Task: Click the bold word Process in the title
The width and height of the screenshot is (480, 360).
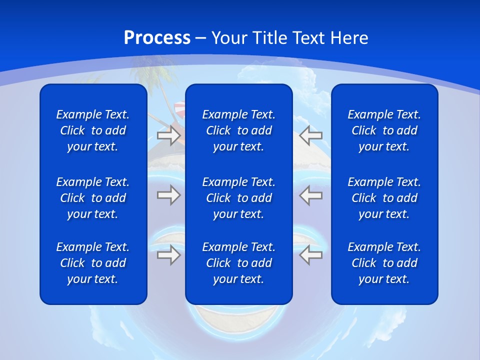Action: (157, 38)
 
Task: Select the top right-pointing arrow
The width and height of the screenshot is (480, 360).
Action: (168, 135)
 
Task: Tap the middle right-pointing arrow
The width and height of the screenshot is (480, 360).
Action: (168, 195)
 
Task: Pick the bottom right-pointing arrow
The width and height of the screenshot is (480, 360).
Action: (168, 255)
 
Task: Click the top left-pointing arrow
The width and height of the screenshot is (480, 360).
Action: (310, 135)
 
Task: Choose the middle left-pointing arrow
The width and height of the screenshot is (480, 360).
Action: (310, 195)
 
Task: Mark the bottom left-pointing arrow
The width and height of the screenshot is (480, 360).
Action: (310, 255)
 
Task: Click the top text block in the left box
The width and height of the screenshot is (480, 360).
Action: (93, 130)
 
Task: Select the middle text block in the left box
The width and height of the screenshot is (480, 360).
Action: (93, 198)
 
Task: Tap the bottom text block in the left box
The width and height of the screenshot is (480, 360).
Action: (93, 263)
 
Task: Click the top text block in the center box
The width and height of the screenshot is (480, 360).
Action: (238, 130)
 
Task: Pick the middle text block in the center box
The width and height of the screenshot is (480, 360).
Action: (238, 198)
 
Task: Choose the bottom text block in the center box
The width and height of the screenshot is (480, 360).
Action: (238, 263)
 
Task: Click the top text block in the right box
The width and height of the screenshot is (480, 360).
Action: (384, 130)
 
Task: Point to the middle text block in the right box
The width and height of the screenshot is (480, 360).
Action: (384, 198)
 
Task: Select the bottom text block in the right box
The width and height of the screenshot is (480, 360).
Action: (384, 263)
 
